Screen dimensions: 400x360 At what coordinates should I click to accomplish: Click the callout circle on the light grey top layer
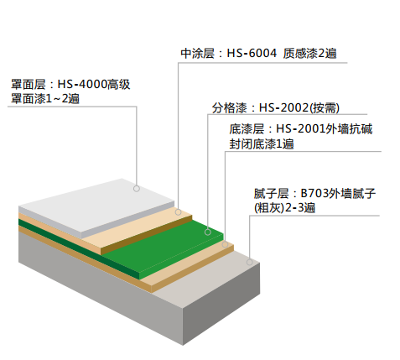click(x=137, y=189)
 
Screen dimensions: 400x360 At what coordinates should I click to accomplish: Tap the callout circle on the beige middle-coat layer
click(x=178, y=212)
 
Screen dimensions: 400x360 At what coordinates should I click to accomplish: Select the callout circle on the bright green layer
click(x=208, y=232)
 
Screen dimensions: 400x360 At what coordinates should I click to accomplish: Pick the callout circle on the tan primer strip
click(x=225, y=244)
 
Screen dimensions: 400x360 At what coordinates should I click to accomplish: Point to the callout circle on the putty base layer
click(x=250, y=262)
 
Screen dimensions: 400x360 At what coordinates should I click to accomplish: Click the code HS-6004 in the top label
click(x=252, y=53)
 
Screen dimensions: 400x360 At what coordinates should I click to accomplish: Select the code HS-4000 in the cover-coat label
click(x=82, y=84)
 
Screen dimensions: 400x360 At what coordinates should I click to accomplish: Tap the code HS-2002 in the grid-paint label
click(x=283, y=107)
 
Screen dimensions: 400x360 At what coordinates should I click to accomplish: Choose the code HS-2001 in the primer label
click(x=301, y=129)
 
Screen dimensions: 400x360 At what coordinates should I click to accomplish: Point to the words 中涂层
click(x=197, y=53)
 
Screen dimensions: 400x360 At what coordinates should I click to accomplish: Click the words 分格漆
click(x=229, y=108)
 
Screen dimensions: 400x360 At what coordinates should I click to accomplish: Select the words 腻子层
click(x=271, y=194)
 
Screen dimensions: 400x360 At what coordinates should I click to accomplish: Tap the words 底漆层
click(x=247, y=129)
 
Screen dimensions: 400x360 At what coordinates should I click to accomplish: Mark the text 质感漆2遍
click(x=309, y=53)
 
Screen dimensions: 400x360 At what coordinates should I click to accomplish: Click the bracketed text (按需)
click(x=324, y=108)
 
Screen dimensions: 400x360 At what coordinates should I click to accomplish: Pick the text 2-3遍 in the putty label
click(x=300, y=208)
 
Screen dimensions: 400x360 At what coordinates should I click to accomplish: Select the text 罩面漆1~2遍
click(x=45, y=98)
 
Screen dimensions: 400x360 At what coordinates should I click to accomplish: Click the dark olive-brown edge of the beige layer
click(x=147, y=235)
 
